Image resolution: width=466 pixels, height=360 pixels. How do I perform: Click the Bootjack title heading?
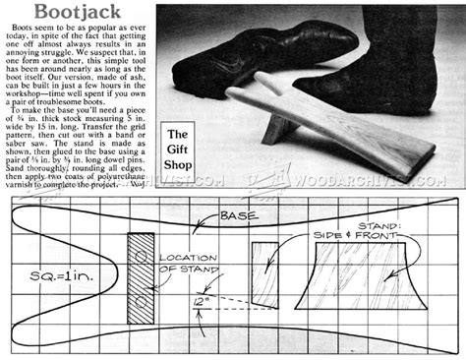point(49,12)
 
